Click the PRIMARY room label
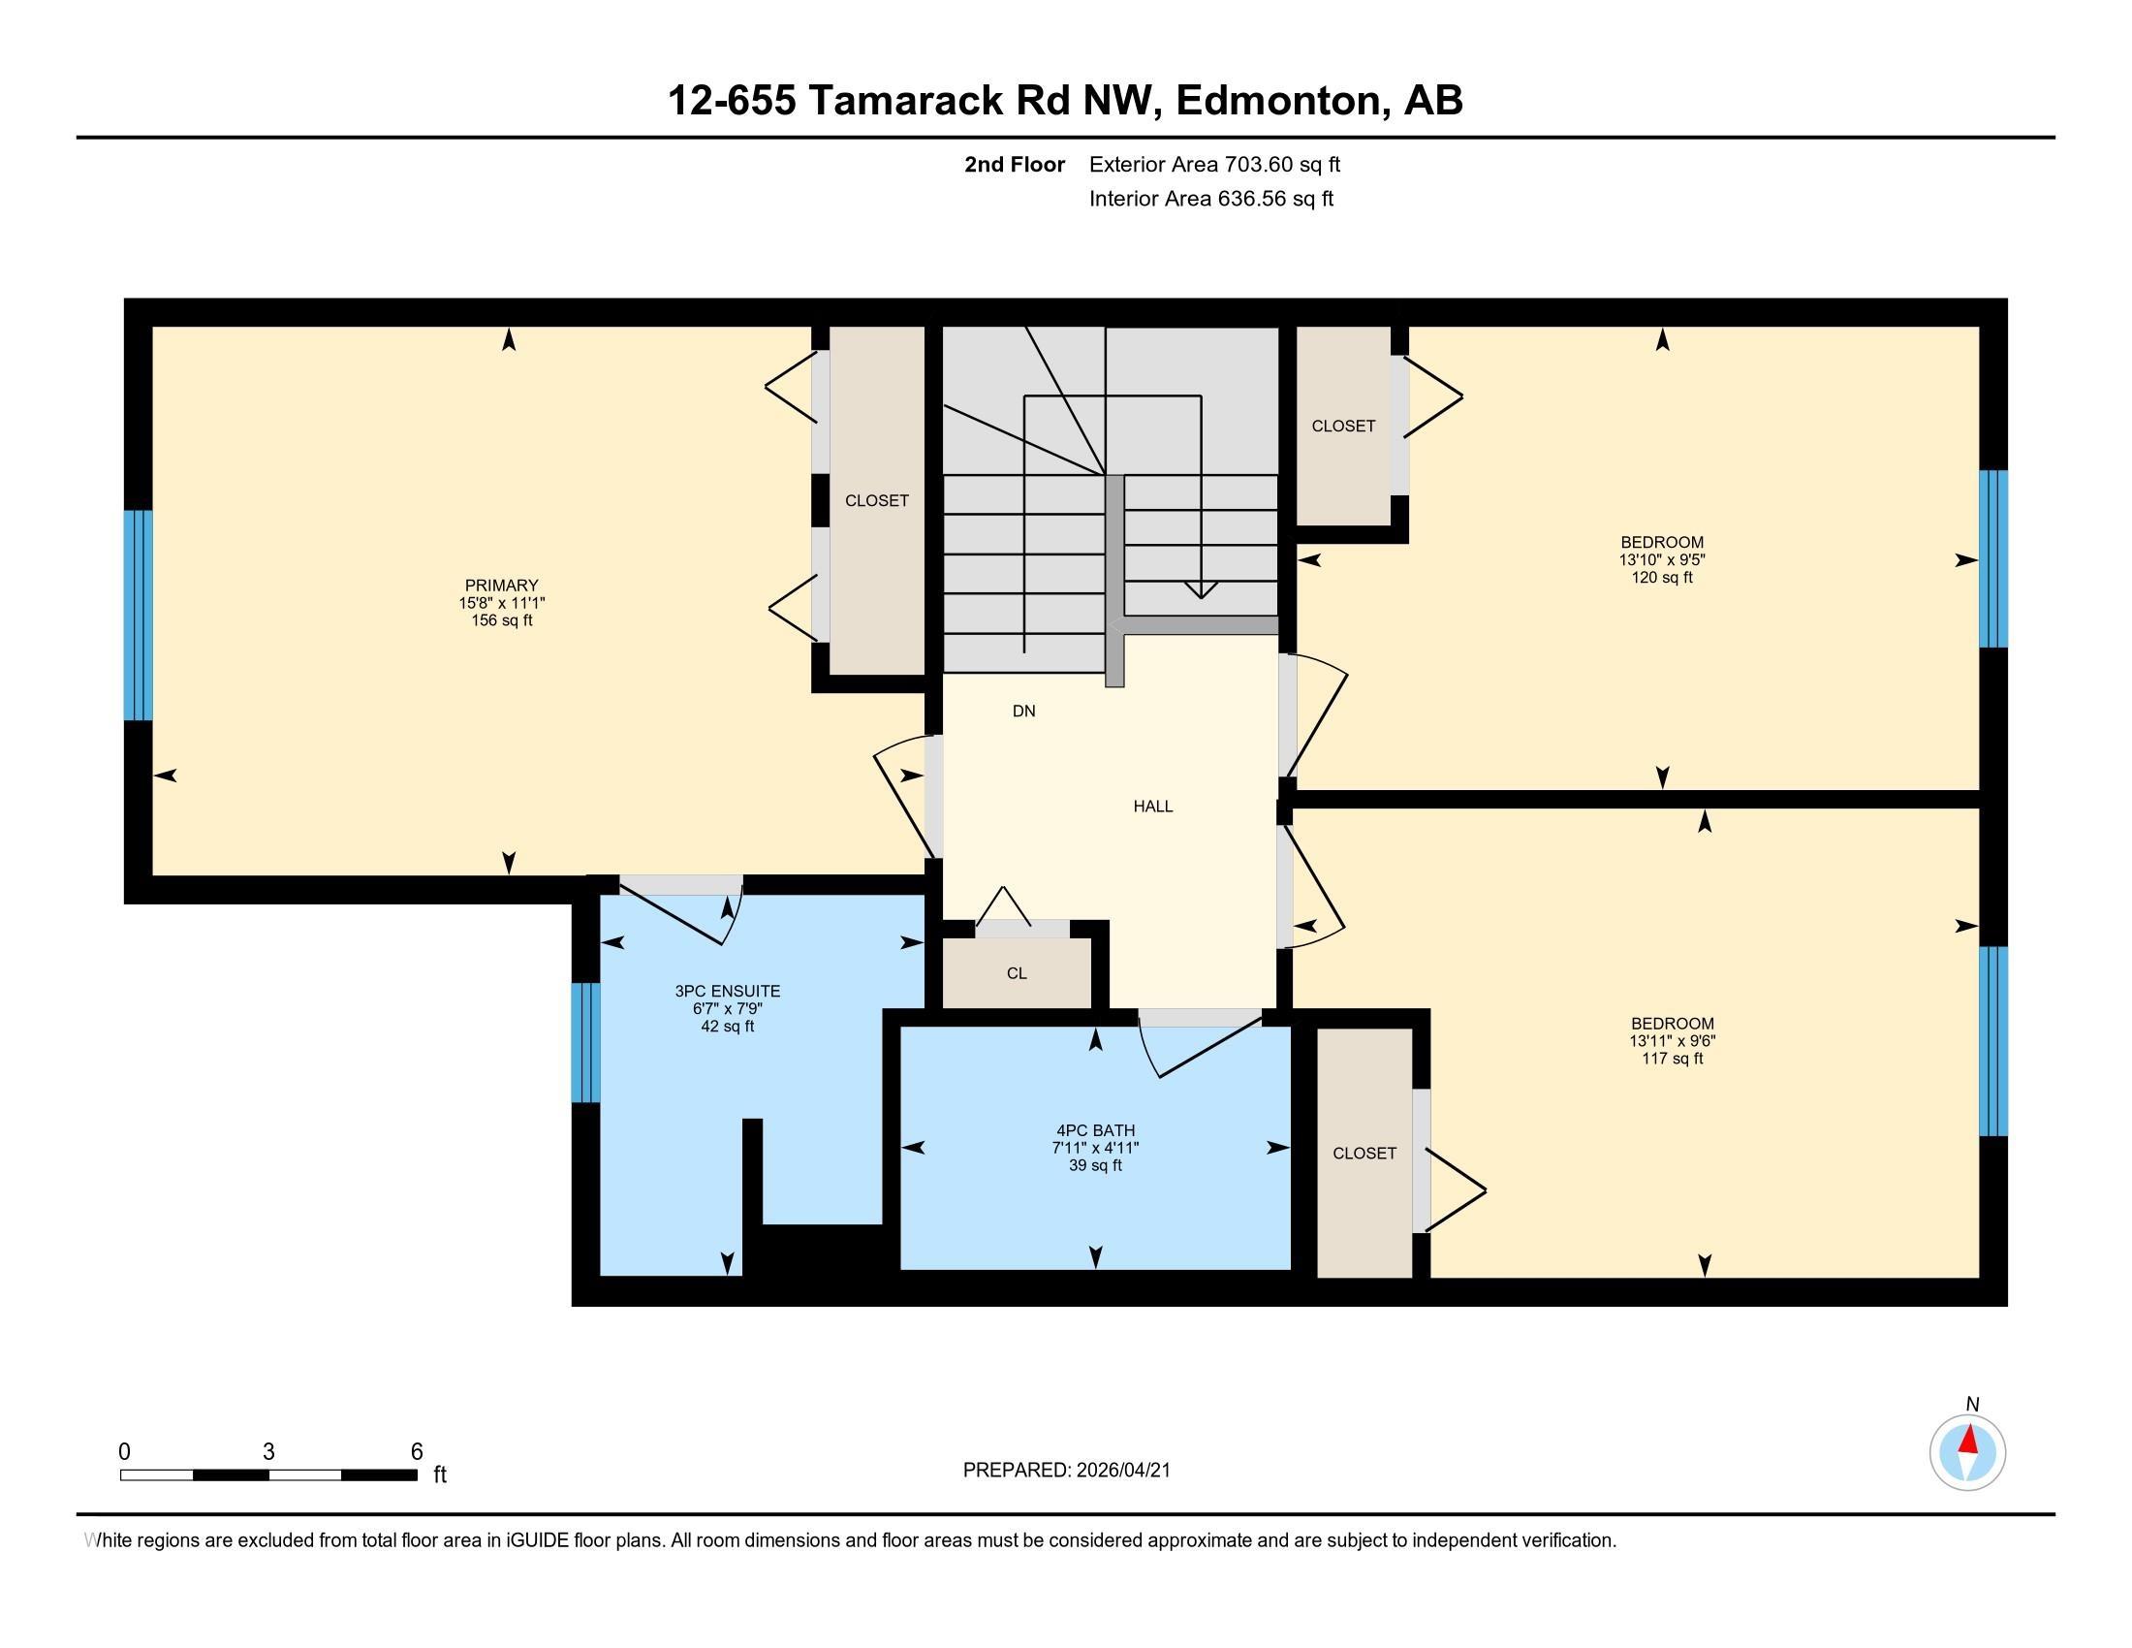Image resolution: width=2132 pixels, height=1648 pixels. pos(502,586)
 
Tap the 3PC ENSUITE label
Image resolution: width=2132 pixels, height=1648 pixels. pos(727,991)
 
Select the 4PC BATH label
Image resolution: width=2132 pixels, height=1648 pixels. pos(1095,1130)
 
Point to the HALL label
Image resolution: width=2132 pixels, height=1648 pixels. pos(1153,807)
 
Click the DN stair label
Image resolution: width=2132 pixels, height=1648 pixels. pos(1024,711)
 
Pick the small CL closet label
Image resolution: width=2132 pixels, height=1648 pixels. pos(1017,973)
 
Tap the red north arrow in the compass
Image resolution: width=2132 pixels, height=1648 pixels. pos(1969,1439)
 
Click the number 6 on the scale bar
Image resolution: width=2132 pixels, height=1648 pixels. pos(417,1452)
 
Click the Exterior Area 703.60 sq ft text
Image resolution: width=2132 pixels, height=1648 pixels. pos(1214,164)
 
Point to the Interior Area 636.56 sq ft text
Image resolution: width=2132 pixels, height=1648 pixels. pos(1211,198)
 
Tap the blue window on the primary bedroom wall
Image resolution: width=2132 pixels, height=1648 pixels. pos(139,615)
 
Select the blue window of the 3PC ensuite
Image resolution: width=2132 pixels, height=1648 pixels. pos(585,1042)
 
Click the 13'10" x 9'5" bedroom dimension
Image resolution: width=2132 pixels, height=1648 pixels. pos(1661,560)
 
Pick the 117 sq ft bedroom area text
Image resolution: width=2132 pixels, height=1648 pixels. pos(1673,1059)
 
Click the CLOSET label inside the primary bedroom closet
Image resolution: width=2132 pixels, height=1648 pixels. pos(877,501)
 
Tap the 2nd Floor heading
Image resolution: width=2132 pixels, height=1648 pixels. pos(1015,164)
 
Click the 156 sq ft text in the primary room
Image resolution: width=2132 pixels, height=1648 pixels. pos(502,620)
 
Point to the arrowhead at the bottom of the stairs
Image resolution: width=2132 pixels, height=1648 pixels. pos(1201,589)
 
